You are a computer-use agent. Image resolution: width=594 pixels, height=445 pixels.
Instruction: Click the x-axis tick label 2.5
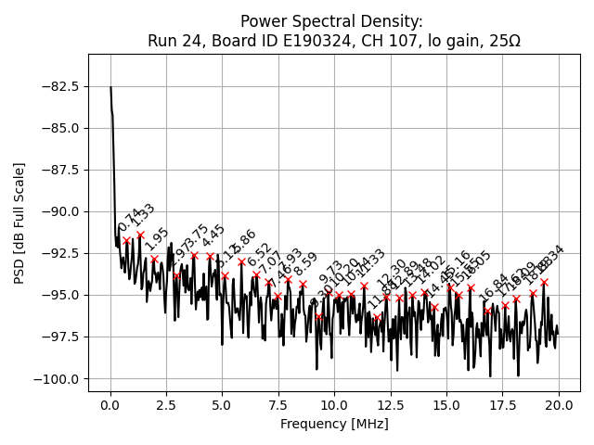(166, 406)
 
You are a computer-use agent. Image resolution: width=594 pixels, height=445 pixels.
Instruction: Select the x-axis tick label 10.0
(334, 406)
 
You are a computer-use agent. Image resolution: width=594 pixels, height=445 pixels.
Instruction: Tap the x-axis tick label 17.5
(502, 406)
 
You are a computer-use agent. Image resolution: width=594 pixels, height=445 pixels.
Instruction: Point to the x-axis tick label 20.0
(559, 406)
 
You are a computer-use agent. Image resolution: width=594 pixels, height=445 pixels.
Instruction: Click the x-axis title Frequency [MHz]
(334, 425)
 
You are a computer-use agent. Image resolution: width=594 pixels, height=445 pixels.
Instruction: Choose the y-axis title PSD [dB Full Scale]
(19, 222)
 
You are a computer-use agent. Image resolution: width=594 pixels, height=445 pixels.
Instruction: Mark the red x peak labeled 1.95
(154, 260)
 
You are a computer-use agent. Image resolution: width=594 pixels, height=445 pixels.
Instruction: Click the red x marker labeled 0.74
(127, 240)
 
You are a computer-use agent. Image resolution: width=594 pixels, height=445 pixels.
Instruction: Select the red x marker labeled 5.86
(241, 261)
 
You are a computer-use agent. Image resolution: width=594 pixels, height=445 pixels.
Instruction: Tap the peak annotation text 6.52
(259, 256)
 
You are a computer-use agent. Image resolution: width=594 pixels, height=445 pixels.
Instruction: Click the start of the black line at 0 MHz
(110, 87)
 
